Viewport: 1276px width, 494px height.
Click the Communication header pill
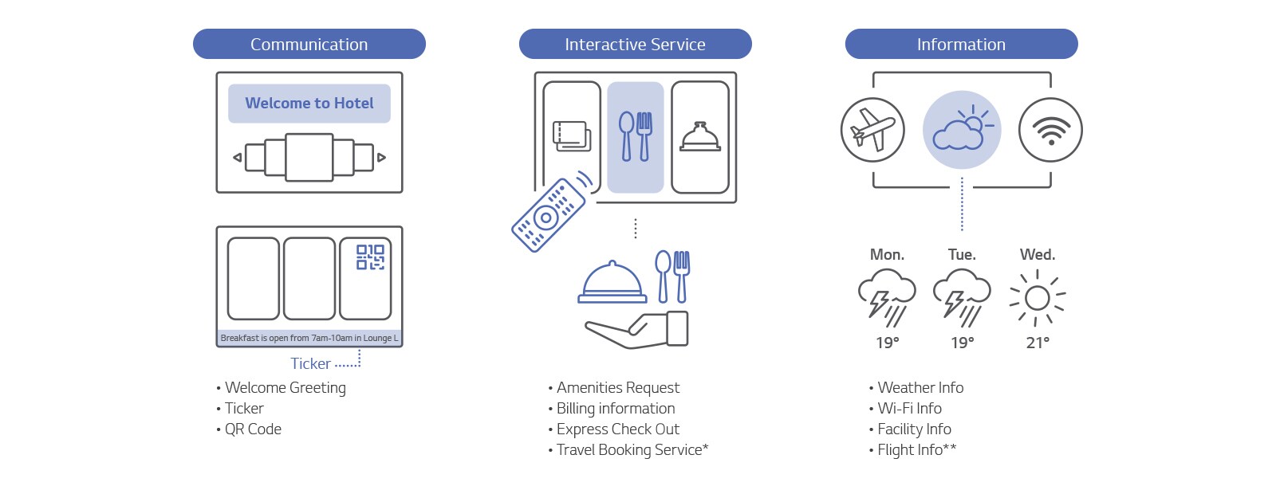[309, 45]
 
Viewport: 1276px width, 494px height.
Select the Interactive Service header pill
[635, 45]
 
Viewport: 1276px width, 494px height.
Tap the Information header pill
[961, 45]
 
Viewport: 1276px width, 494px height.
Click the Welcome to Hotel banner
[309, 104]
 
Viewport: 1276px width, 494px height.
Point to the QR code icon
[370, 257]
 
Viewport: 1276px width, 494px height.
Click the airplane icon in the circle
[872, 130]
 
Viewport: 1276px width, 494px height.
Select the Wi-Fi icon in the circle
[1050, 130]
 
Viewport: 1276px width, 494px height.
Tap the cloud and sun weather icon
[962, 130]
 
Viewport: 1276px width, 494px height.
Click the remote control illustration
[549, 214]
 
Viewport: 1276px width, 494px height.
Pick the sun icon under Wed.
[1037, 299]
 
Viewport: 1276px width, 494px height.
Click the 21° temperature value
[1038, 343]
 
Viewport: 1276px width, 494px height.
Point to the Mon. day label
[887, 255]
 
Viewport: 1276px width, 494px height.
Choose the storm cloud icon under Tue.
[962, 297]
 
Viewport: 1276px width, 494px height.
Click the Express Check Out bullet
[617, 429]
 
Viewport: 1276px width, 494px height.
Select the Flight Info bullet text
[916, 450]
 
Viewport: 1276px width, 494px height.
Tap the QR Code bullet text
[253, 429]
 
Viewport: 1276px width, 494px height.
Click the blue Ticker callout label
[310, 364]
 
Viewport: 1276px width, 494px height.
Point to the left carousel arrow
[237, 158]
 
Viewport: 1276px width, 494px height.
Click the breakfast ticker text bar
[309, 339]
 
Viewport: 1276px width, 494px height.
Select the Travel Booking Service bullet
[632, 450]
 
